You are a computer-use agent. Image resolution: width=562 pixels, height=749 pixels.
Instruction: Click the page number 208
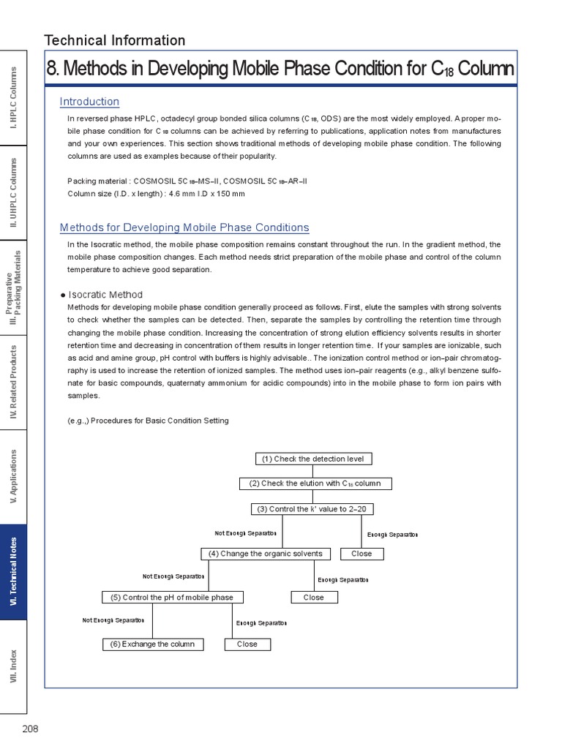[29, 729]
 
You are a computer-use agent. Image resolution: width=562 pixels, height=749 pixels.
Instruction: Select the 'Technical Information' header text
[115, 40]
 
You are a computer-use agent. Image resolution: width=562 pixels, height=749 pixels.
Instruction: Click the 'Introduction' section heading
[89, 102]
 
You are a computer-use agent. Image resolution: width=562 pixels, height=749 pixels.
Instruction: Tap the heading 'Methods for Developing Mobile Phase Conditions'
[184, 227]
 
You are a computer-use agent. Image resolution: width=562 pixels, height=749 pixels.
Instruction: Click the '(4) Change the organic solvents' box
[265, 554]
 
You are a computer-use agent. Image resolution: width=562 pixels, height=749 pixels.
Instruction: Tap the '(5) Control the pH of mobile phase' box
[172, 598]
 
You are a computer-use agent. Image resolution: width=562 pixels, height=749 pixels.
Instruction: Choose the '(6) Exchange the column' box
[153, 644]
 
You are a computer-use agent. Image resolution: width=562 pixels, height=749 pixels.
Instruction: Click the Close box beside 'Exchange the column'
[247, 644]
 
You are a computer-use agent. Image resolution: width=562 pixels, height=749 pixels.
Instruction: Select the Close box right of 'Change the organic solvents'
[361, 554]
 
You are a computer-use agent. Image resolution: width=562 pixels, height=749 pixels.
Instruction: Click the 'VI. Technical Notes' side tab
[13, 572]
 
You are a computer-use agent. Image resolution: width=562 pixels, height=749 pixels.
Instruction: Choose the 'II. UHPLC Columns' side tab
[13, 194]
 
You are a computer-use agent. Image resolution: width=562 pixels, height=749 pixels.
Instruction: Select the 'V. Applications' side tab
[13, 478]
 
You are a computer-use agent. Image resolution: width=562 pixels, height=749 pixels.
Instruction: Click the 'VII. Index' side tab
[13, 666]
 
